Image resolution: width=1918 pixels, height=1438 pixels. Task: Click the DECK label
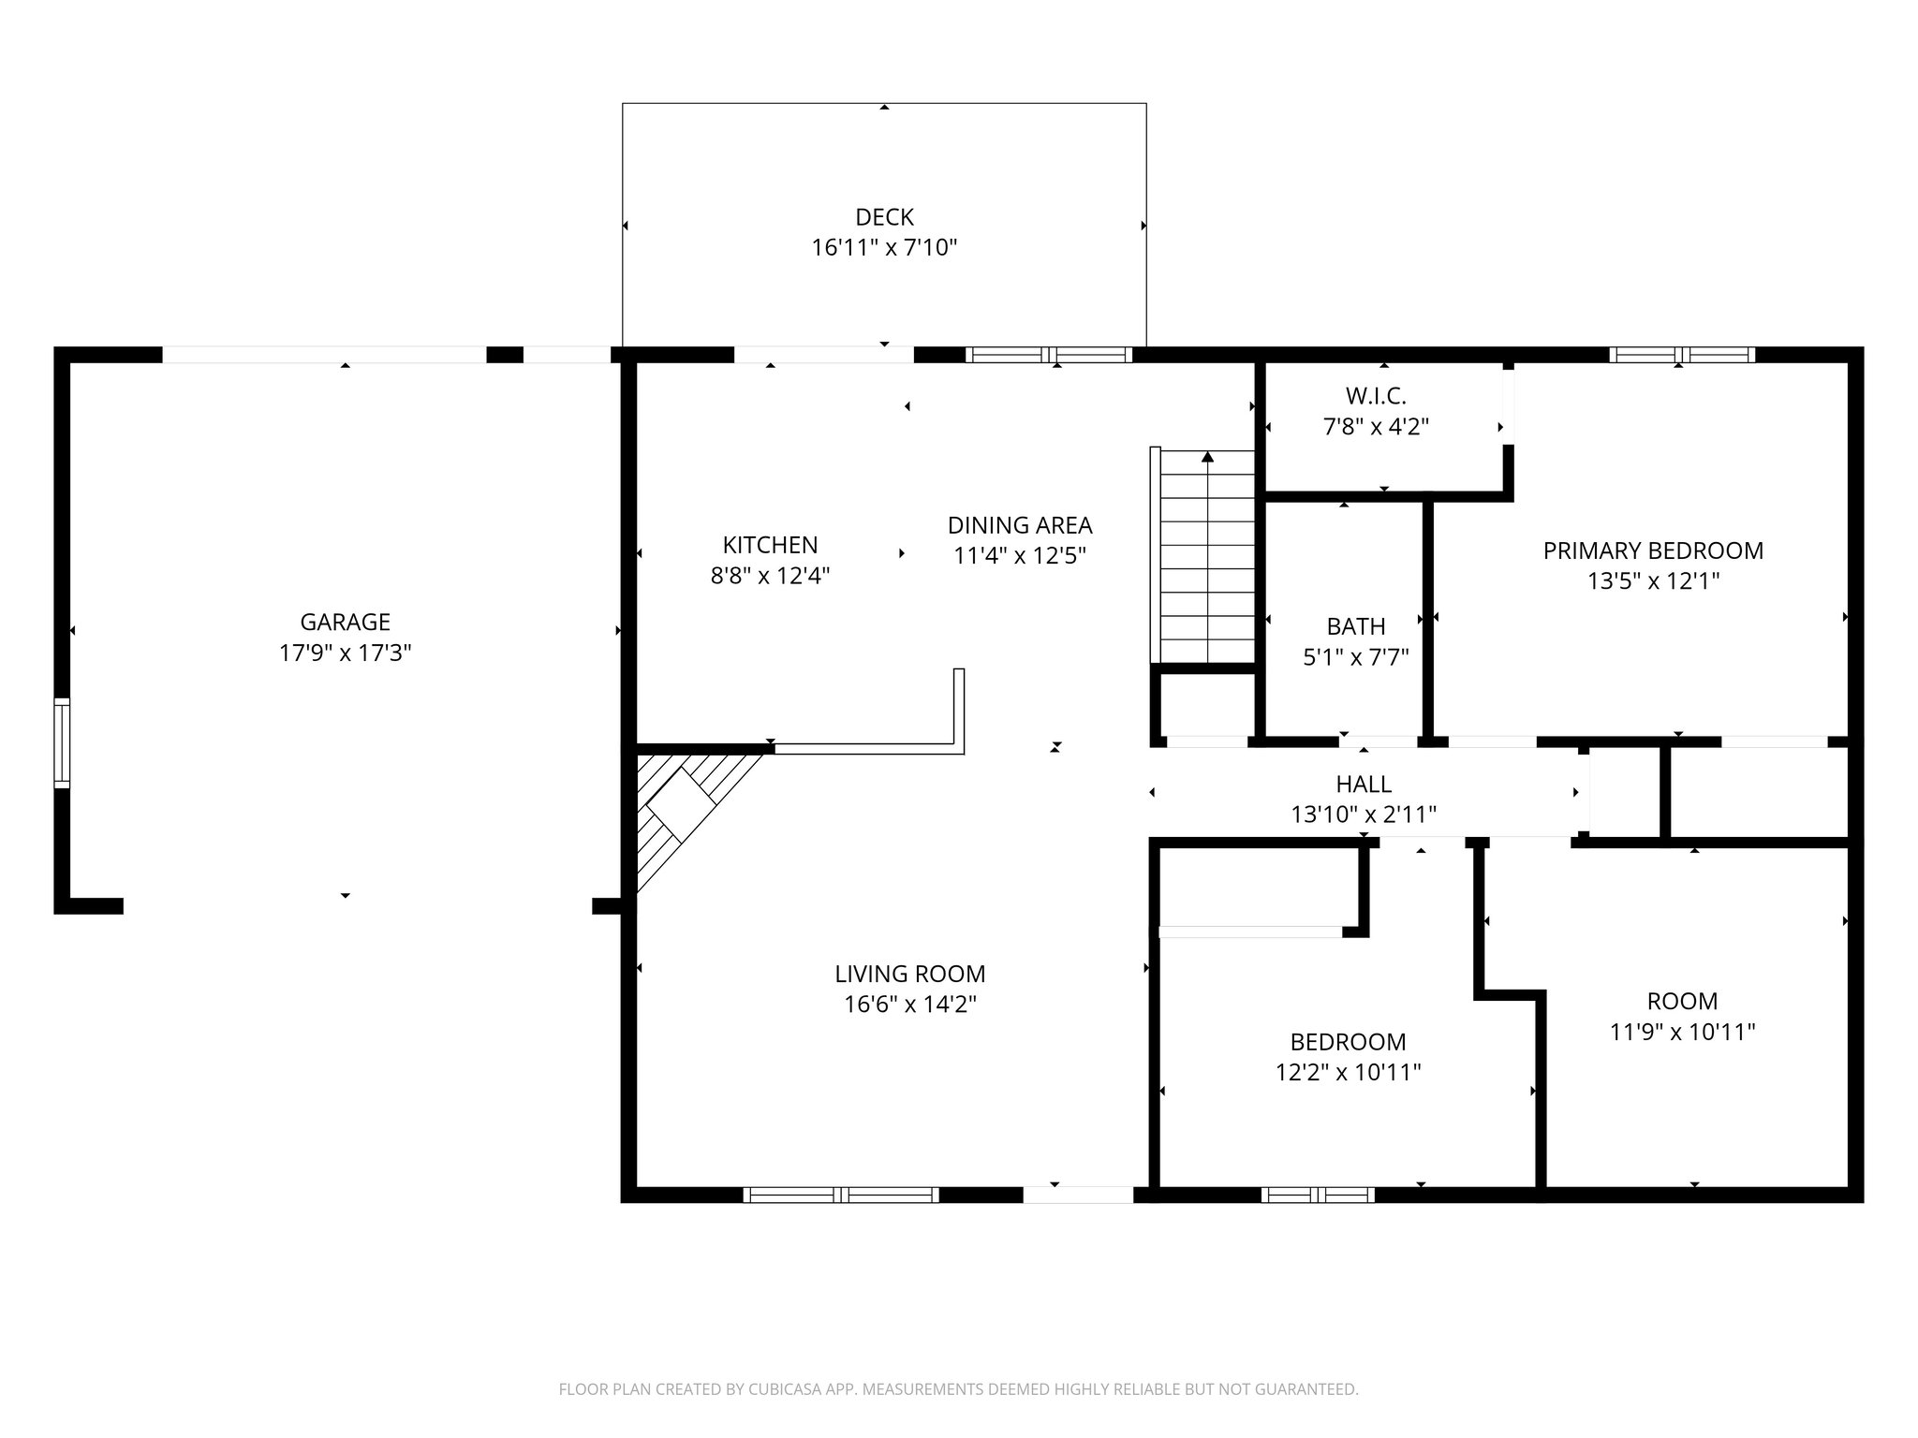coord(884,217)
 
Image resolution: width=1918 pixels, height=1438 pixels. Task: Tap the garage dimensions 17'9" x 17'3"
coord(346,653)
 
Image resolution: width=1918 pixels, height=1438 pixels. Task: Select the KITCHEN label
coord(770,545)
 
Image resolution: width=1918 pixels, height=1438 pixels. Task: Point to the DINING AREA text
coord(1020,525)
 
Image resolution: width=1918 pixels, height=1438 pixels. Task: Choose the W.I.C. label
coord(1376,396)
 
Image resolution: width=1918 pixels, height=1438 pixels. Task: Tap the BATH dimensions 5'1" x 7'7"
coord(1356,657)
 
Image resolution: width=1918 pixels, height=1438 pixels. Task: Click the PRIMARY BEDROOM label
coord(1653,550)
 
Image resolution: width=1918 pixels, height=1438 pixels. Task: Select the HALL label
coord(1364,784)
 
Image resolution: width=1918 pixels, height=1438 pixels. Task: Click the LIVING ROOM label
coord(909,974)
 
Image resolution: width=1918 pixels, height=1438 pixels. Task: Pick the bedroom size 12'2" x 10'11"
coord(1349,1072)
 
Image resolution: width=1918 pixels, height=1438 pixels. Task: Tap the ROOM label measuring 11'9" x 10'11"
coord(1682,1001)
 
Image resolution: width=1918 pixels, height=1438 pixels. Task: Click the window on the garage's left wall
coord(62,742)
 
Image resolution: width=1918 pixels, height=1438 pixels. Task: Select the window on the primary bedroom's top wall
coord(1682,355)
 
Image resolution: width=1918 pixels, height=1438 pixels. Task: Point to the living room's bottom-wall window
coord(841,1195)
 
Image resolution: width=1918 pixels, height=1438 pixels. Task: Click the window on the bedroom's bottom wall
coord(1318,1195)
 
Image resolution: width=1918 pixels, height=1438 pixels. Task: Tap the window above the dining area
coord(1049,355)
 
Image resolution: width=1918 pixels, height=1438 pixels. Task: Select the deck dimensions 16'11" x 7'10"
coord(884,248)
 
